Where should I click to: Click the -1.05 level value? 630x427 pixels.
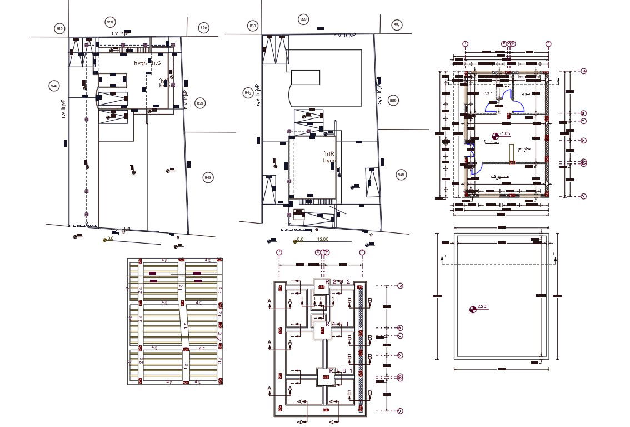point(506,134)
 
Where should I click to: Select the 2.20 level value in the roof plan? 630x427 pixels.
point(482,307)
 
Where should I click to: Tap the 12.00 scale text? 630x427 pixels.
point(322,240)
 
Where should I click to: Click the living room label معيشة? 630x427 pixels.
point(491,142)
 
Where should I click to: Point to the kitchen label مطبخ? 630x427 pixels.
point(524,150)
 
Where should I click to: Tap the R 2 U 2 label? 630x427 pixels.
point(337,282)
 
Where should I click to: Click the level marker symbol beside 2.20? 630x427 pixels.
point(473,309)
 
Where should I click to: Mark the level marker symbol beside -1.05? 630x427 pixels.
point(496,135)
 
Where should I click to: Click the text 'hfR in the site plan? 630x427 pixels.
point(329,153)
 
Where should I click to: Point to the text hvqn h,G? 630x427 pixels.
point(147,64)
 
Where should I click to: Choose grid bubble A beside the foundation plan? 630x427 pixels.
point(400,286)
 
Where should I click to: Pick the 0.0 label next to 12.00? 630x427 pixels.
point(301,240)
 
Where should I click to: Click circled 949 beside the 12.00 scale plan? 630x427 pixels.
point(401,175)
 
